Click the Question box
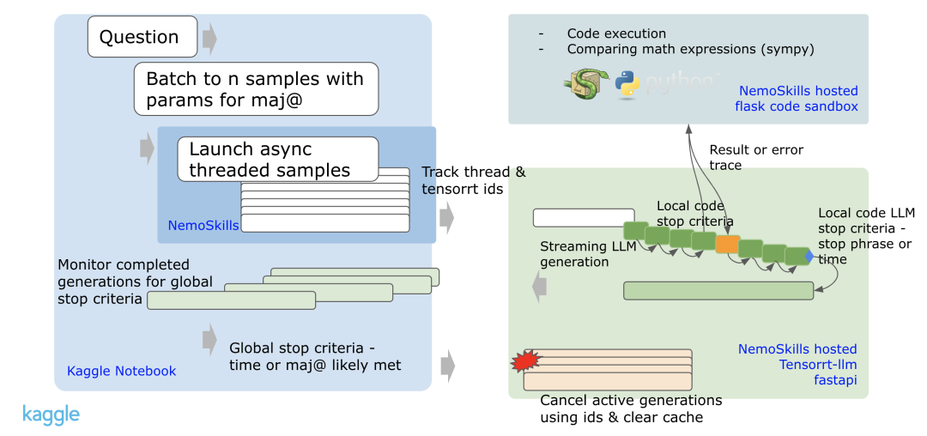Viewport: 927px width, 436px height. (x=138, y=37)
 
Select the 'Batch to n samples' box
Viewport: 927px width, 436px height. (x=256, y=90)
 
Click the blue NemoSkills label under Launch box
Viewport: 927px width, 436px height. (x=203, y=226)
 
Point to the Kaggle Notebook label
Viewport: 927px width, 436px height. (x=121, y=371)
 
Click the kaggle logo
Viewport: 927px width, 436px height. (x=51, y=415)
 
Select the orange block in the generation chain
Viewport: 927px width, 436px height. (x=727, y=245)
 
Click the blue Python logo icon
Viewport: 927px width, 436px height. (x=627, y=87)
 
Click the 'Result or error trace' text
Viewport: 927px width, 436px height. (x=755, y=157)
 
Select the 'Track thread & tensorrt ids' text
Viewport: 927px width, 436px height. (x=474, y=181)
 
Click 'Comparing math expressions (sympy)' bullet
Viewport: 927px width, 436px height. (x=690, y=49)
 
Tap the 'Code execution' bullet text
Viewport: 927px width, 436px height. (x=616, y=33)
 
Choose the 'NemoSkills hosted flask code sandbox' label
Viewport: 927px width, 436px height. (x=796, y=99)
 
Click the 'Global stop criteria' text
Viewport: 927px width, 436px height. (x=315, y=357)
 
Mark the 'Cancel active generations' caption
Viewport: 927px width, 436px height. (x=630, y=409)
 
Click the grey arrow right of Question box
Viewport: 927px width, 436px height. (x=209, y=39)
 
